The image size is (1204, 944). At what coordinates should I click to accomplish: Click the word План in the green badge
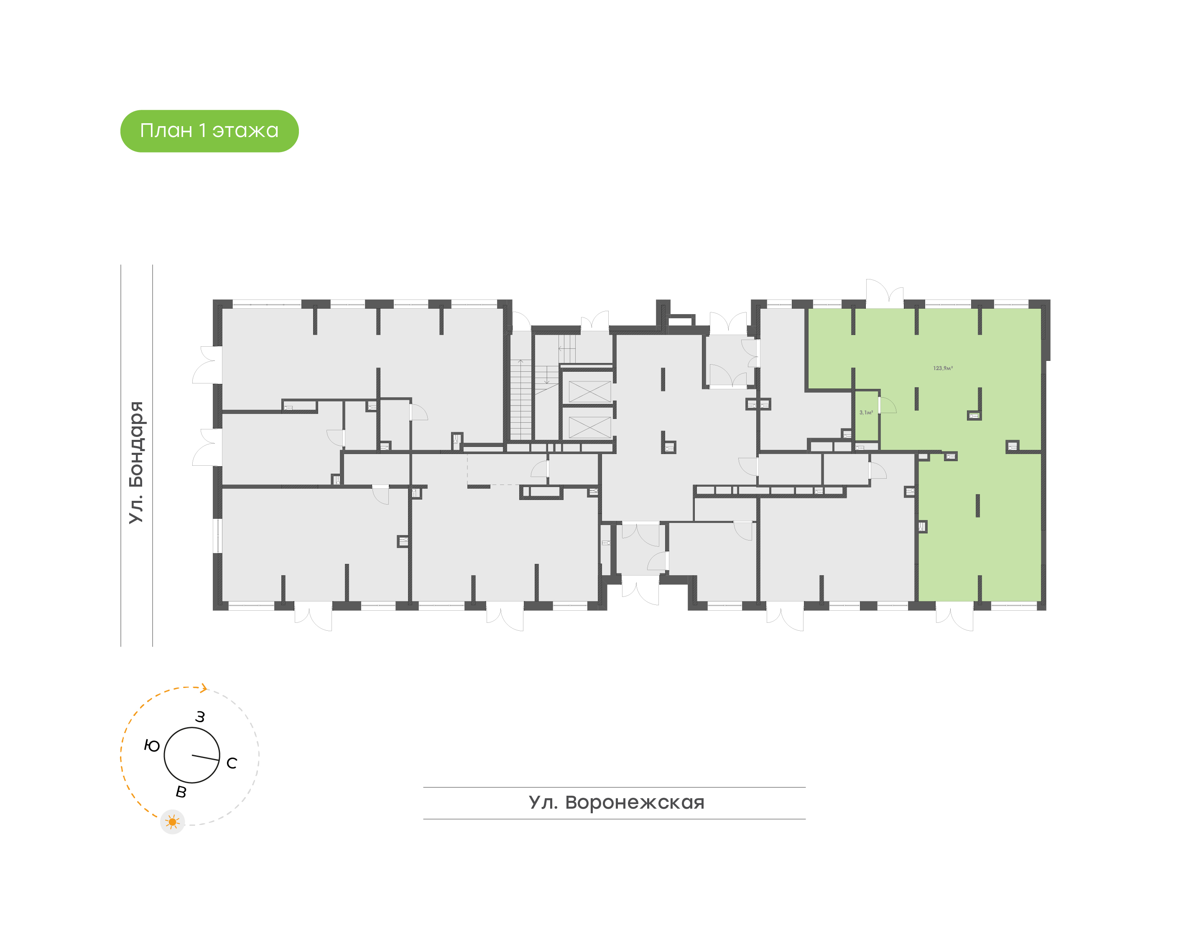pyautogui.click(x=166, y=131)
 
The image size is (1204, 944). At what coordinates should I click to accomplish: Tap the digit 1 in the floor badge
pyautogui.click(x=202, y=131)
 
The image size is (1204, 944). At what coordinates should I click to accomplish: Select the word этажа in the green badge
pyautogui.click(x=245, y=131)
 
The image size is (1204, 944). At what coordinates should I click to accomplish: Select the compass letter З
pyautogui.click(x=200, y=717)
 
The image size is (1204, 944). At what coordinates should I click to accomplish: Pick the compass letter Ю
pyautogui.click(x=151, y=746)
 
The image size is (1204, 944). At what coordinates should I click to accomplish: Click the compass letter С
pyautogui.click(x=232, y=763)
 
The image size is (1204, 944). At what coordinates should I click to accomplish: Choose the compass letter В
pyautogui.click(x=181, y=792)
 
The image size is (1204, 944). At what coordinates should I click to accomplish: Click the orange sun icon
pyautogui.click(x=173, y=822)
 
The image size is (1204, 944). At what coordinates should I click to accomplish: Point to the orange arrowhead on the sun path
pyautogui.click(x=204, y=688)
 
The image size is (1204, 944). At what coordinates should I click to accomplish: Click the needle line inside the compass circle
pyautogui.click(x=205, y=758)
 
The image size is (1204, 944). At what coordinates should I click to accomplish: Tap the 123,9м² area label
pyautogui.click(x=942, y=368)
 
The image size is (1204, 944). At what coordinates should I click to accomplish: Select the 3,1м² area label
pyautogui.click(x=865, y=412)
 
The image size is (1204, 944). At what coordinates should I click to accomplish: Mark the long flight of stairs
pyautogui.click(x=520, y=399)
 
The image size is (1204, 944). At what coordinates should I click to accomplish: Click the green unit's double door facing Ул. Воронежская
pyautogui.click(x=954, y=618)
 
